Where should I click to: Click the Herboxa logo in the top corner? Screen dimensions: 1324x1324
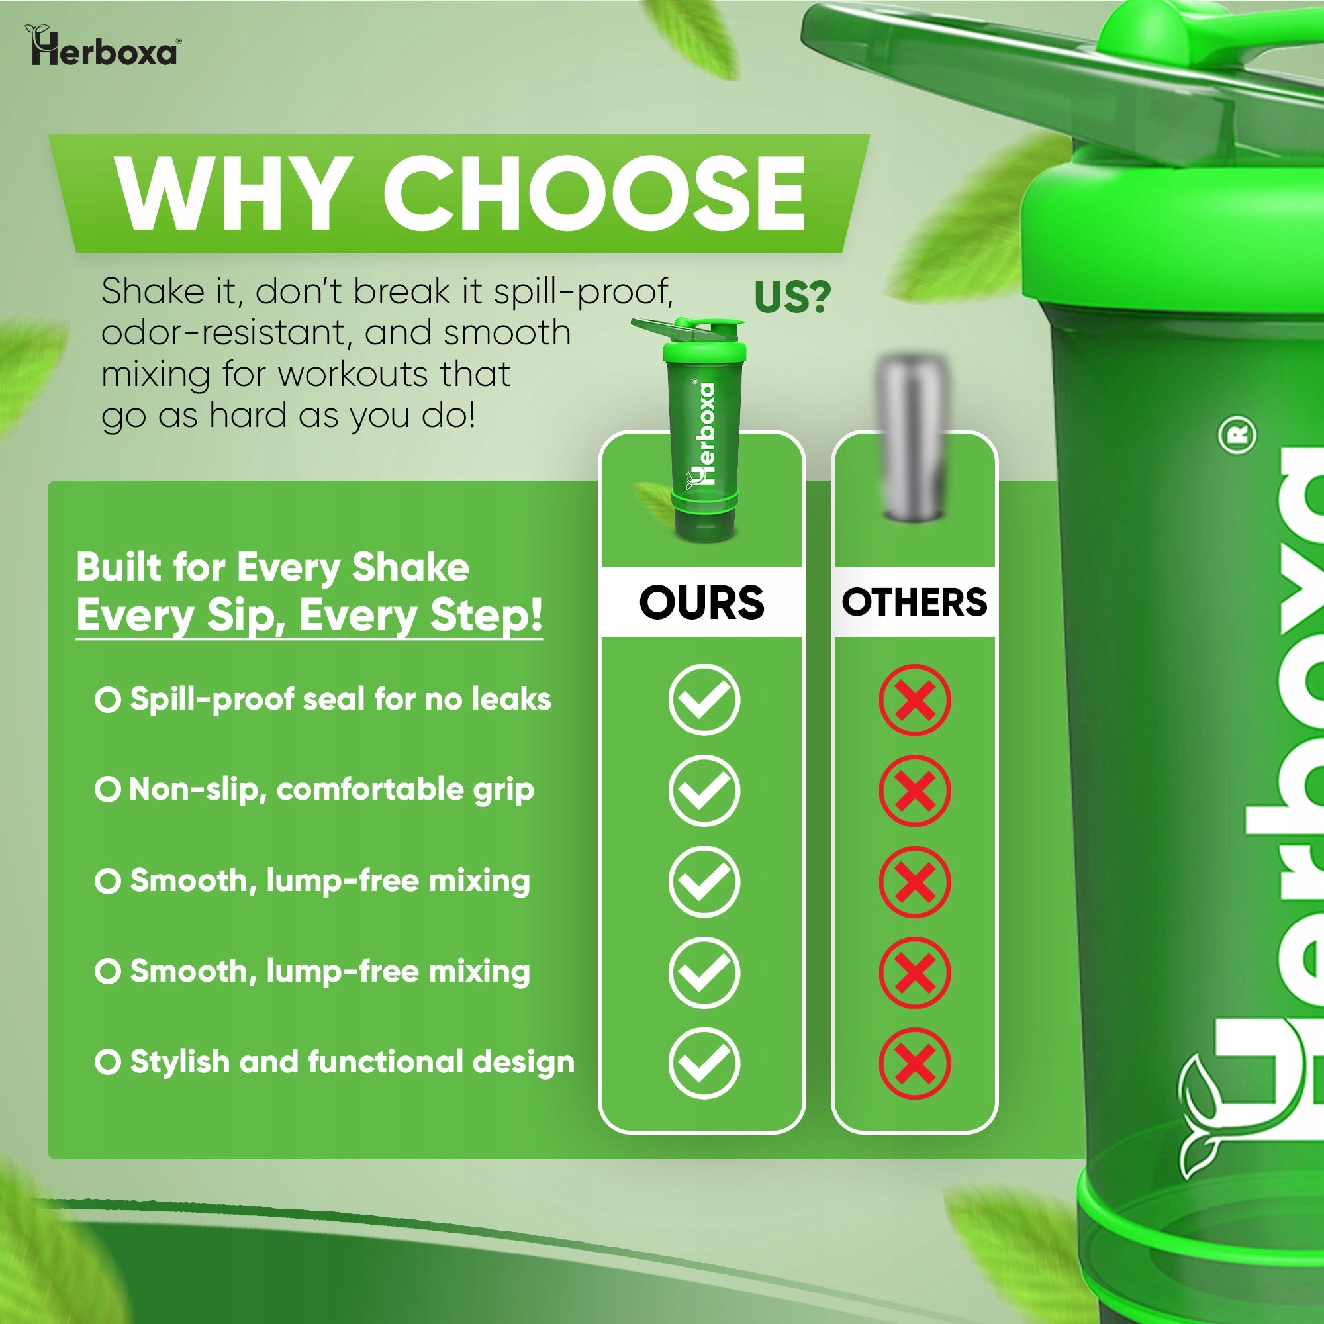(x=103, y=46)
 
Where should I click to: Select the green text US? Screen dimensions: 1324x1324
(x=792, y=297)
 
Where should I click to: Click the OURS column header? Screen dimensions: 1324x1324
(x=701, y=602)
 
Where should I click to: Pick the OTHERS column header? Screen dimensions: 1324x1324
(x=914, y=602)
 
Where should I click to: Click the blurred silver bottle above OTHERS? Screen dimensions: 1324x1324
(x=912, y=436)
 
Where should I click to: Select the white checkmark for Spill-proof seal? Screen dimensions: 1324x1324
(x=704, y=700)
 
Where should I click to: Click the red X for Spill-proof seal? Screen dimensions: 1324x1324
(x=915, y=700)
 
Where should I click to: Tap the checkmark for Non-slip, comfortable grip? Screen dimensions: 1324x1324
(x=704, y=791)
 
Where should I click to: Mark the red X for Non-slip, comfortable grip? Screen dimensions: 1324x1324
(x=915, y=791)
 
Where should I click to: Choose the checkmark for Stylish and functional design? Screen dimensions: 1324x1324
(x=704, y=1063)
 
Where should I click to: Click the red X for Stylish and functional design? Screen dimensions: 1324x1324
(x=915, y=1063)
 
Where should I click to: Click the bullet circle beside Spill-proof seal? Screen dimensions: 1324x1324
(x=108, y=700)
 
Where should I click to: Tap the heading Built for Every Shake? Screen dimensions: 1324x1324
(x=273, y=567)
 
